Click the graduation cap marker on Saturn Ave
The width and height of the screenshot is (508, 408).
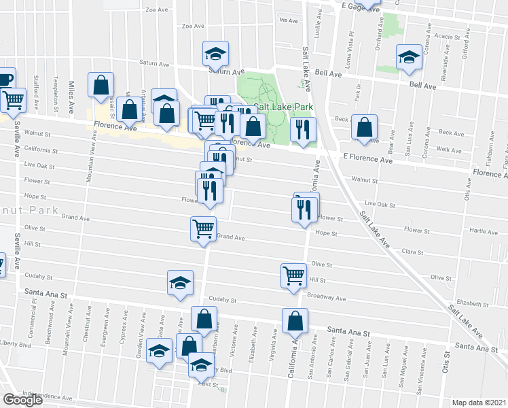point(216,52)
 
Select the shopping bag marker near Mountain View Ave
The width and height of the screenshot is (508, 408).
point(101,85)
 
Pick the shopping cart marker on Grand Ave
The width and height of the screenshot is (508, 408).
point(203,229)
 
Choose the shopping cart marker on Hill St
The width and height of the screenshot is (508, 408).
point(293,275)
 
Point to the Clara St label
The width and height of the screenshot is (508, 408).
point(412,252)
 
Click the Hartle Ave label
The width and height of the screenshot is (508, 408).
point(484,231)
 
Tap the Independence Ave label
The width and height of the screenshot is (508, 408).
point(48,395)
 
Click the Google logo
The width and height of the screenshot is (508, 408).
point(23,400)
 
